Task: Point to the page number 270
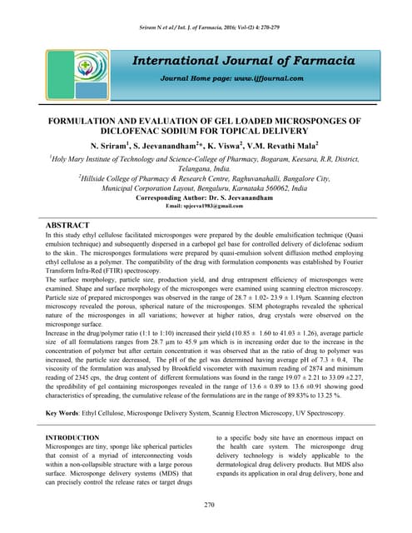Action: tap(206, 505)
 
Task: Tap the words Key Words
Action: tap(66, 413)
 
